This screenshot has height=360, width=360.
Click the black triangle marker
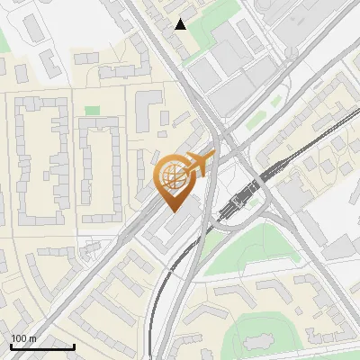point(181,24)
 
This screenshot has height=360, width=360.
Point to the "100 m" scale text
point(23,338)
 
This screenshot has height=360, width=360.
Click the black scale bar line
point(42,346)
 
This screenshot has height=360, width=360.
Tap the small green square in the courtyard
point(92,111)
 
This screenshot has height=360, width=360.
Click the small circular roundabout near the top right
point(291,53)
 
